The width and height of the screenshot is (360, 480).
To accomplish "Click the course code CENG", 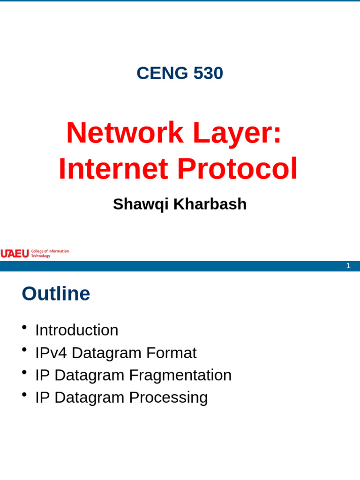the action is tap(162, 73).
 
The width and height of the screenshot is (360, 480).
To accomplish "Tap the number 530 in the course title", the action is tap(208, 73).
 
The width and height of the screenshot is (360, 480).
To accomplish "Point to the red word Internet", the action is tap(113, 168).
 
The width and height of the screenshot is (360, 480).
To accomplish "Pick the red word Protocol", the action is tap(237, 168).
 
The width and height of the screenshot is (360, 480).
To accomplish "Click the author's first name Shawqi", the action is tap(141, 204).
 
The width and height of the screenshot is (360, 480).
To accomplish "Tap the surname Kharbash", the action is tap(210, 204).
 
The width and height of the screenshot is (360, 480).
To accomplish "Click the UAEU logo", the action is tap(15, 254).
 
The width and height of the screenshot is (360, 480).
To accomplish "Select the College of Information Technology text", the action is tap(50, 254).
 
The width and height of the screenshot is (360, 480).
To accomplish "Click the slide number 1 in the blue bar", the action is tap(348, 266).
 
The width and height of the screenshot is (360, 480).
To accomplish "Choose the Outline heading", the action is tap(56, 293).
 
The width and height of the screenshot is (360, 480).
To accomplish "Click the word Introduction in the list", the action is tap(76, 330).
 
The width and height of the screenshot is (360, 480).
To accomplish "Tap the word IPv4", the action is tap(51, 352).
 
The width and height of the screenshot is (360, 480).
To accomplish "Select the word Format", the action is tap(171, 352).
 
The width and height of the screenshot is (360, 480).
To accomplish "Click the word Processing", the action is tap(168, 397).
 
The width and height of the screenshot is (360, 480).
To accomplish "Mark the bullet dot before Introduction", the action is tap(24, 327).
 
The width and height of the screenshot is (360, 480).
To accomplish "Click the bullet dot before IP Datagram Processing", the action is tap(24, 395).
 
